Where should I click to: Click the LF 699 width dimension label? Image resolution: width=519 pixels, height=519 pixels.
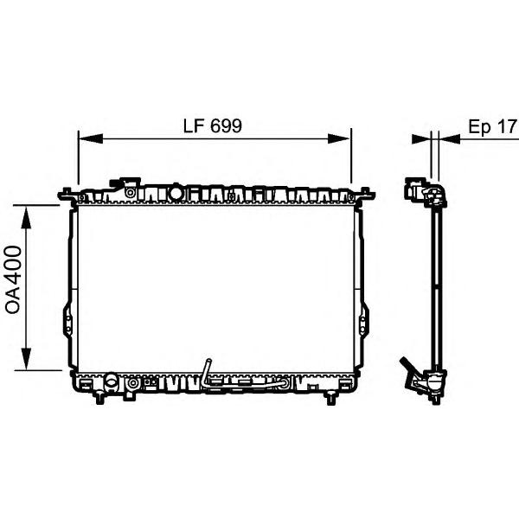coord(213,126)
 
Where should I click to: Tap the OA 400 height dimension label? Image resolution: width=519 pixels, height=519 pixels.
coord(14,279)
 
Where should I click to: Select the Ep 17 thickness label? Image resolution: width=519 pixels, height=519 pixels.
coord(492,127)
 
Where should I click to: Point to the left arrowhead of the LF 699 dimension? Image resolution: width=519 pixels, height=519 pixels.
coord(91,138)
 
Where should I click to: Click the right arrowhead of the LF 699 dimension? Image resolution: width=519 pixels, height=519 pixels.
coord(338,138)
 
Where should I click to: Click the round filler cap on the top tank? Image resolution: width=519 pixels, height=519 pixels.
coord(176,193)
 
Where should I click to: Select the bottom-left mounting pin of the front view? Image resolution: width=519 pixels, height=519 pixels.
coord(99,397)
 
